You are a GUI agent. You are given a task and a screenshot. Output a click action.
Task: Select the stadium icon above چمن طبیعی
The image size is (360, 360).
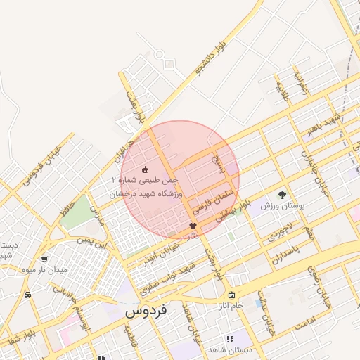pyautogui.click(x=146, y=169)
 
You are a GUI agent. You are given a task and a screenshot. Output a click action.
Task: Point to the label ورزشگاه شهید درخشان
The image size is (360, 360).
pyautogui.click(x=146, y=193)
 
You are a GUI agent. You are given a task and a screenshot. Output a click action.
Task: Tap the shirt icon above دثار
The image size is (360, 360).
pyautogui.click(x=193, y=226)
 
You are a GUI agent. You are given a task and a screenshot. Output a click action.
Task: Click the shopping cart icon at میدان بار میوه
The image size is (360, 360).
pyautogui.click(x=45, y=259)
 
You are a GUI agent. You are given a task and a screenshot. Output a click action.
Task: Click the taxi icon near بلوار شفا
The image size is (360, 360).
pyautogui.click(x=27, y=295)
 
